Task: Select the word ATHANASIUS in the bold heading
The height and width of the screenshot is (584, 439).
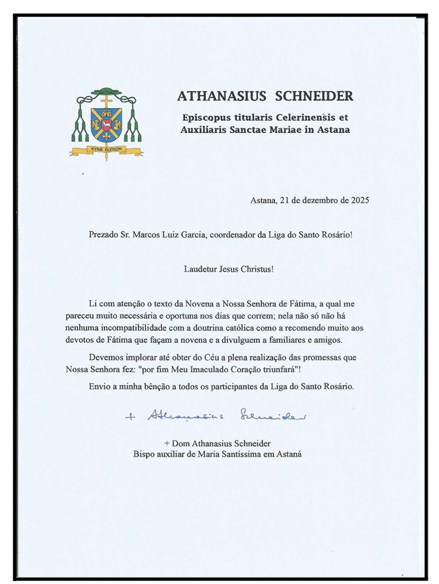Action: (x=218, y=96)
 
